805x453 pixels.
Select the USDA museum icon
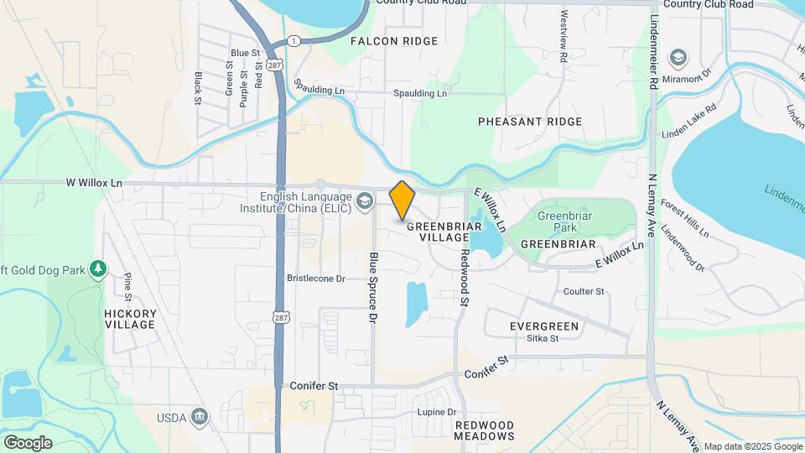pyautogui.click(x=200, y=417)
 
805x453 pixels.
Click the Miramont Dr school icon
pyautogui.click(x=678, y=58)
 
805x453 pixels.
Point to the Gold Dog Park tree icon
pyautogui.click(x=99, y=268)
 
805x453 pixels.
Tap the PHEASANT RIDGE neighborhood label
pyautogui.click(x=530, y=122)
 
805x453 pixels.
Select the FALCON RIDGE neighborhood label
pyautogui.click(x=394, y=41)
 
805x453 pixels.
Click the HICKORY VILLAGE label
pyautogui.click(x=130, y=319)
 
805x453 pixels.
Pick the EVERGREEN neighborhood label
pyautogui.click(x=544, y=325)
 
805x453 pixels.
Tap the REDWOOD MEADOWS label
pyautogui.click(x=485, y=430)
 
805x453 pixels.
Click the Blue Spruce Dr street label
pyautogui.click(x=374, y=288)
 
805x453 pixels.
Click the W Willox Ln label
pyautogui.click(x=94, y=182)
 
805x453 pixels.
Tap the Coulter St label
pyautogui.click(x=584, y=291)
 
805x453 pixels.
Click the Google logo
pyautogui.click(x=27, y=442)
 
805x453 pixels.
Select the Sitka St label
pyautogui.click(x=543, y=339)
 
